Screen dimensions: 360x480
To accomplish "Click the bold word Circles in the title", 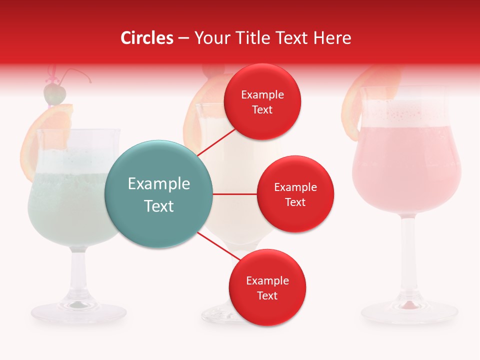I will point(147,38).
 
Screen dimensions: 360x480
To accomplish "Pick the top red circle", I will point(262,102).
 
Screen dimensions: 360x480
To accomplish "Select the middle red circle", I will point(295,194).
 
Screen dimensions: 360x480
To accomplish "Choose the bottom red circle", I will point(267,287).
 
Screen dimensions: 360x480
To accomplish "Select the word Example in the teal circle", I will point(158,184).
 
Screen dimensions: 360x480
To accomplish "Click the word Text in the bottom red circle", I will point(267,295).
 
